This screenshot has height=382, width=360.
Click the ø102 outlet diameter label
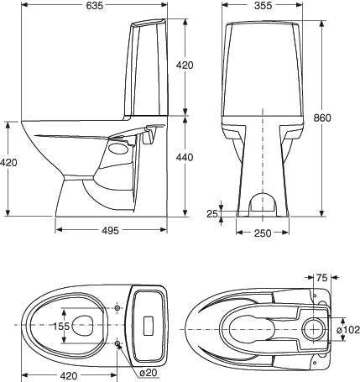point(347,330)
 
